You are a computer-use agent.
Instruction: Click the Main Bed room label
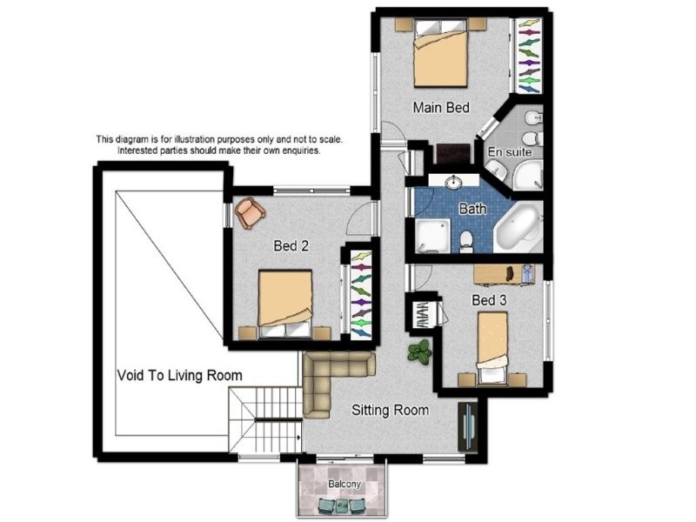click(441, 108)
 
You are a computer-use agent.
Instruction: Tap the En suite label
click(510, 151)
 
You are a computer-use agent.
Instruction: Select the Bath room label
click(472, 209)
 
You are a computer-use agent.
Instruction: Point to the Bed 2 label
click(291, 245)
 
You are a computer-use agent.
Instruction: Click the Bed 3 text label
click(489, 300)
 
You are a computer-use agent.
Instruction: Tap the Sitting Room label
click(390, 410)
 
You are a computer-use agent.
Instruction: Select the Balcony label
click(345, 484)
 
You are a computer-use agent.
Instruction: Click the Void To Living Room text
click(180, 376)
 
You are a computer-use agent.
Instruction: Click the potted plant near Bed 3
click(419, 352)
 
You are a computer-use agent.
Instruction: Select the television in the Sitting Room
click(468, 427)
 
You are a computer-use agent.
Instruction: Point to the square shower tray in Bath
click(432, 236)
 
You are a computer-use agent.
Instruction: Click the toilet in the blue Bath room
click(466, 242)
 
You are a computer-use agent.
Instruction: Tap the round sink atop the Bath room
click(453, 183)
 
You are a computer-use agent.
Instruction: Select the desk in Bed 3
click(505, 273)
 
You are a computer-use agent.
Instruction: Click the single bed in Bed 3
click(492, 347)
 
